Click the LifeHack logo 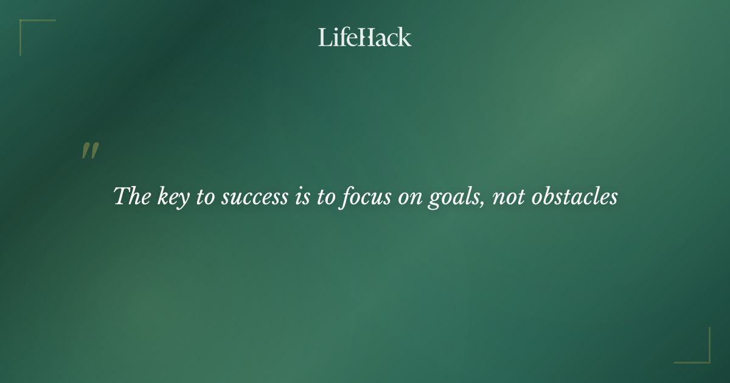[x=365, y=37]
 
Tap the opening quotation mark [x=90, y=151]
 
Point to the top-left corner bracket [x=24, y=24]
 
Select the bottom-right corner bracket [x=705, y=359]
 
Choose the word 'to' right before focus [x=320, y=197]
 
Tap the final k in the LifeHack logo [x=405, y=37]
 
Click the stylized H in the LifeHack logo [x=367, y=37]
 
